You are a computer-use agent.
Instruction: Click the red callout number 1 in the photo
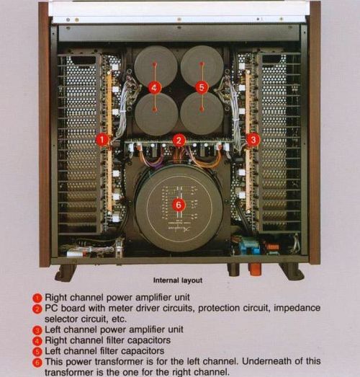pos(102,139)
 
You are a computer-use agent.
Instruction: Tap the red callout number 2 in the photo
pos(179,140)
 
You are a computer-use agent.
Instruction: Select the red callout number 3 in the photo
pos(253,139)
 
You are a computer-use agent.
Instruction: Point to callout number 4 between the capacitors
pos(155,88)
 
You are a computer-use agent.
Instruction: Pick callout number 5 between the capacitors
pos(202,88)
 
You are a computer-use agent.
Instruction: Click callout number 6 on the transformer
pos(179,205)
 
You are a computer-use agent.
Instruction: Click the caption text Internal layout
pos(177,280)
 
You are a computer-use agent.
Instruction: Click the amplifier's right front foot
pos(292,271)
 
